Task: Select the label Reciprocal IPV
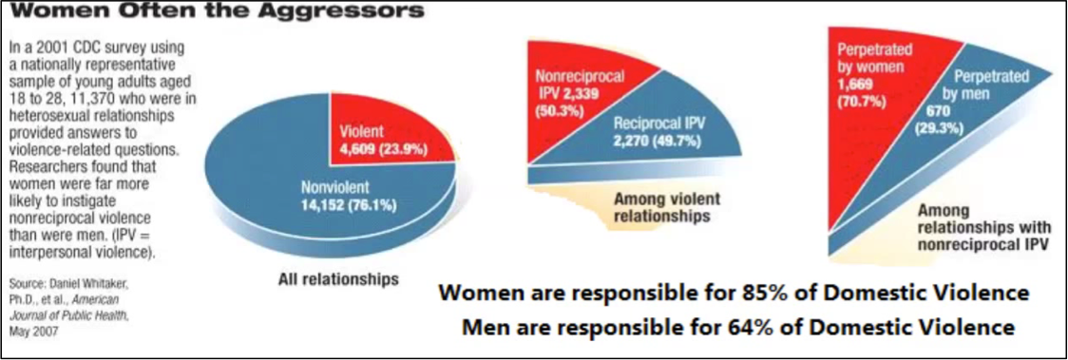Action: tap(652, 124)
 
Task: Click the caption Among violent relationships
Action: tap(660, 208)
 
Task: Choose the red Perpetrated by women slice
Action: tap(879, 109)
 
